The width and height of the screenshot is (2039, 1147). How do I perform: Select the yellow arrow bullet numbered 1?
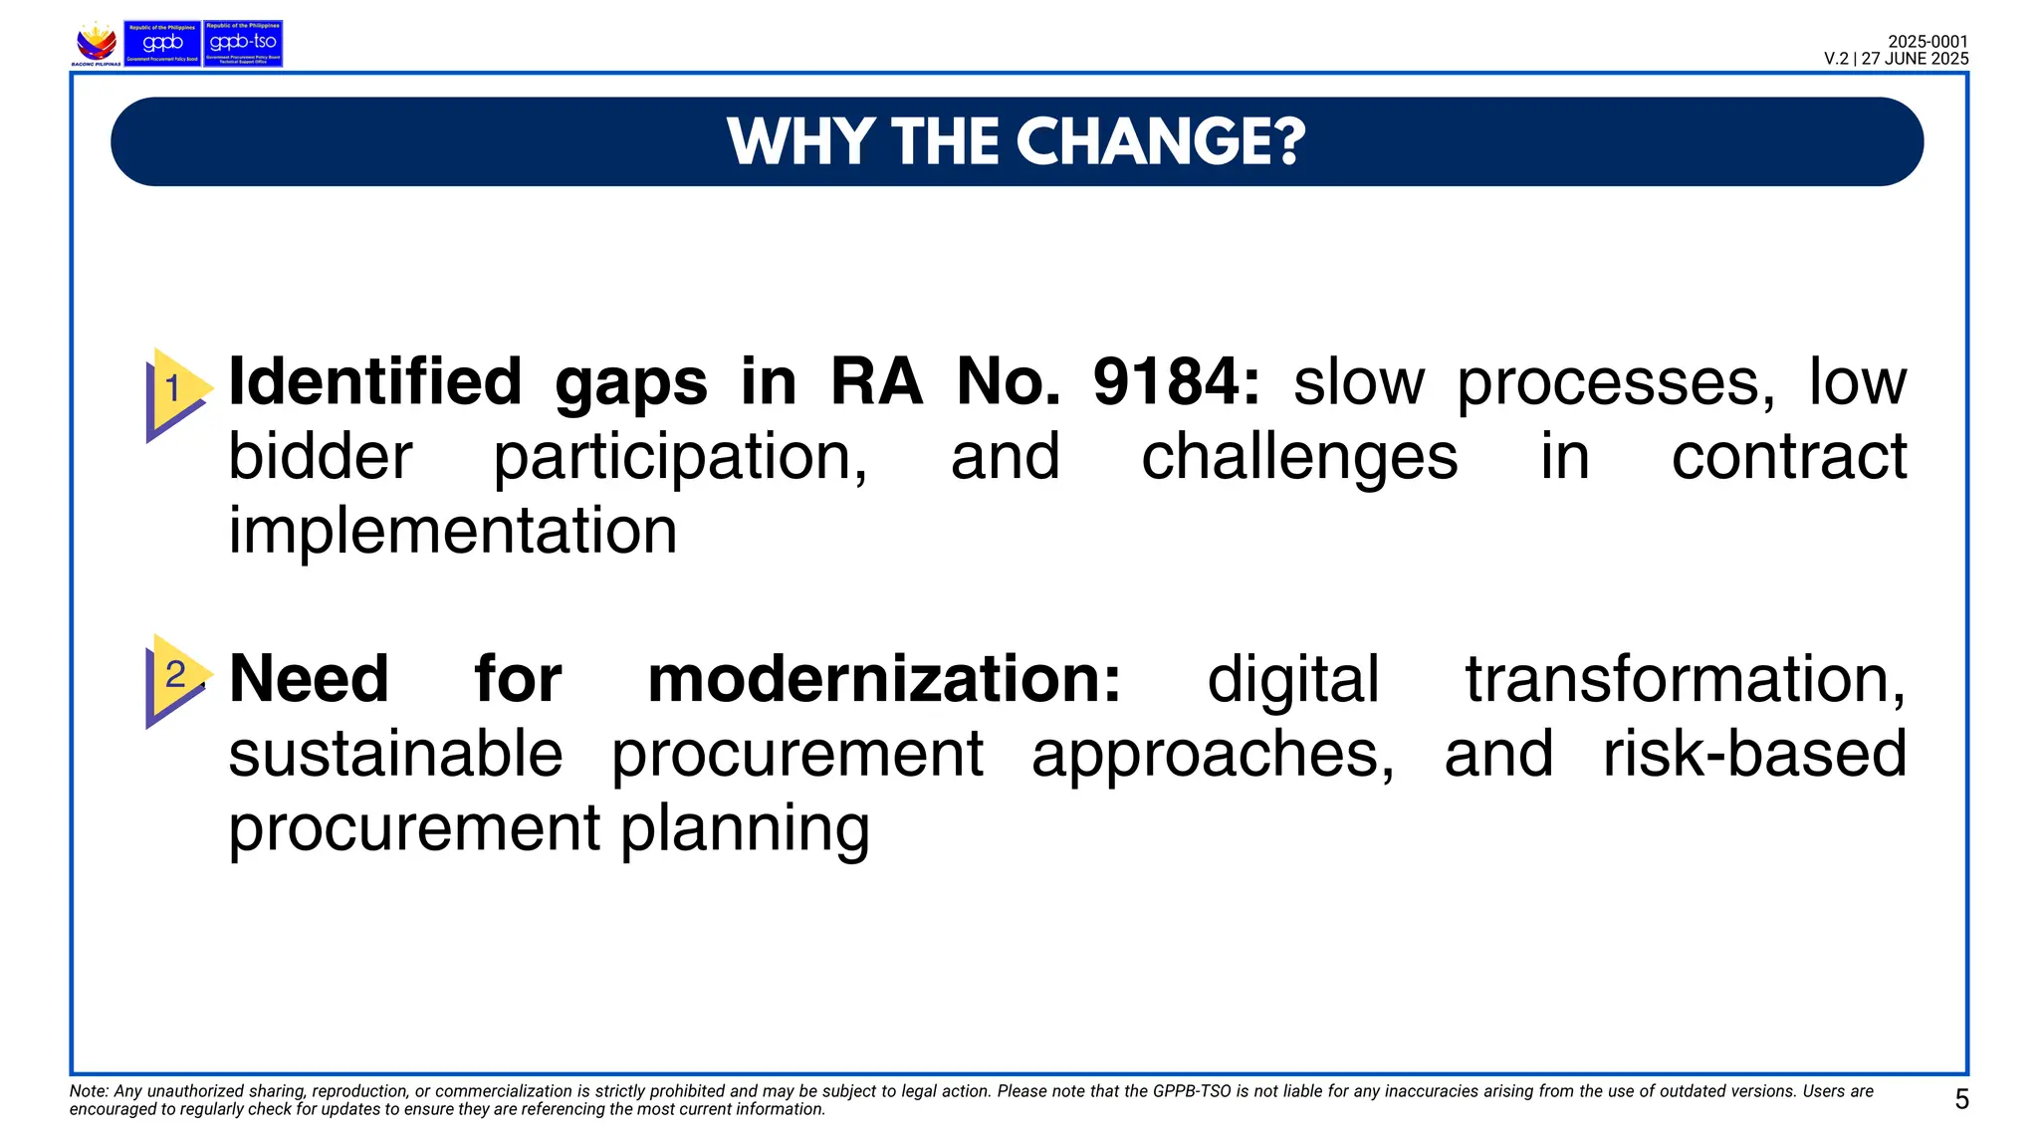[x=177, y=390]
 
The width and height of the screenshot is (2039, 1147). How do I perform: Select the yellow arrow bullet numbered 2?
[x=177, y=677]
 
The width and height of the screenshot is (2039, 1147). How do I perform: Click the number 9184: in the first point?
[x=1176, y=382]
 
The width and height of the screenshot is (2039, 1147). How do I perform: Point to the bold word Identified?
[x=375, y=382]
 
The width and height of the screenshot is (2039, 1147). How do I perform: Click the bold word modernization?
[x=884, y=679]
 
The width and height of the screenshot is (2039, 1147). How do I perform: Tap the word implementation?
[x=453, y=530]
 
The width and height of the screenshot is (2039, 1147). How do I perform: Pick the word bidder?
[x=321, y=458]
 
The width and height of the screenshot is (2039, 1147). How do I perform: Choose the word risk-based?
[x=1754, y=754]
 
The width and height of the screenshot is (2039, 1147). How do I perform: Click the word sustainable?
[x=396, y=754]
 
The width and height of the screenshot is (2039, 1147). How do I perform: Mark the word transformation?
[x=1686, y=679]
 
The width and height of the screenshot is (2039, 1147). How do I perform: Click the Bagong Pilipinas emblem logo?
[x=97, y=44]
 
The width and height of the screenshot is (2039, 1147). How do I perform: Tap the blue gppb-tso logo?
[x=243, y=44]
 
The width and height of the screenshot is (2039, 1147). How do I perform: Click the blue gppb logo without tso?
[x=162, y=44]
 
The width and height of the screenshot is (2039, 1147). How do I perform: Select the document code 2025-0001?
[x=1927, y=42]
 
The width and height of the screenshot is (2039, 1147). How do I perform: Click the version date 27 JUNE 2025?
[x=1915, y=59]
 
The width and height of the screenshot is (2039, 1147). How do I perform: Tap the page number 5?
[x=1961, y=1099]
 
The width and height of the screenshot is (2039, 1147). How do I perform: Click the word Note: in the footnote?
[x=89, y=1091]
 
